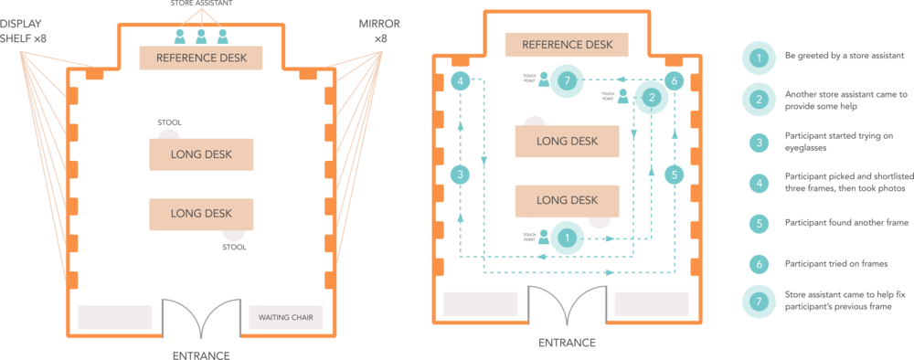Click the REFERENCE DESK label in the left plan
[x=200, y=58]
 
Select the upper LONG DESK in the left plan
[x=200, y=154]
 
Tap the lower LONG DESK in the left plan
[x=200, y=213]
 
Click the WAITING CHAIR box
[x=286, y=317]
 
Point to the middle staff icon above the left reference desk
[x=201, y=37]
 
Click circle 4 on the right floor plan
[x=461, y=81]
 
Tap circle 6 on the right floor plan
[x=674, y=81]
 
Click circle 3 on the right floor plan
[x=461, y=174]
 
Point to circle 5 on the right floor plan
[x=674, y=174]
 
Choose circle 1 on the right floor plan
[x=568, y=238]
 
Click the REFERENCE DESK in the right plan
[x=567, y=45]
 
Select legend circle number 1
[x=758, y=58]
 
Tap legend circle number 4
[x=758, y=182]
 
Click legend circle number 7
[x=758, y=301]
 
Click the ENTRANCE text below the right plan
[x=566, y=343]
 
